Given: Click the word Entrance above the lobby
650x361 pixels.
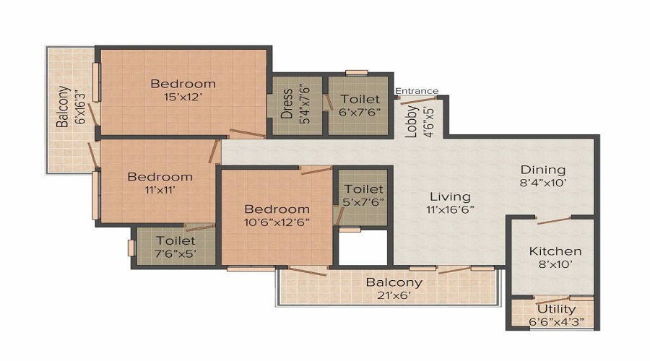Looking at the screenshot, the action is [417, 91].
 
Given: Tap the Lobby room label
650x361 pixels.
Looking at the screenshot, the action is [412, 121].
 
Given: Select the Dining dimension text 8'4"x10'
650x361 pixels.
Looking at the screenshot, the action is [543, 183].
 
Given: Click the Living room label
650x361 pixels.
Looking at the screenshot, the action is [450, 196].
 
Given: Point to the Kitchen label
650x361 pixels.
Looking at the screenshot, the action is [555, 251].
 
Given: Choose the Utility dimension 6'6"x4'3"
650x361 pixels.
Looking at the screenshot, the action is [556, 321].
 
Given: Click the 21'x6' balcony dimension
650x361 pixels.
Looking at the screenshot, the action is [394, 295].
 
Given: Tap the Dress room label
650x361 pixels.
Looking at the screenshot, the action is [287, 104].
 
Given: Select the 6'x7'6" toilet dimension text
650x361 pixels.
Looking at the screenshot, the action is [360, 112].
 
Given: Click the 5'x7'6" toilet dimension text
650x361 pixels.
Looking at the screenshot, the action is [364, 202].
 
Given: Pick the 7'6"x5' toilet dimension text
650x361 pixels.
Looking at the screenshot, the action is [175, 253].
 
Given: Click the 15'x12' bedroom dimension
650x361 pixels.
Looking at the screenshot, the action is [183, 97].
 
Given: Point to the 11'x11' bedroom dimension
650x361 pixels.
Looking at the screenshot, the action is [160, 190].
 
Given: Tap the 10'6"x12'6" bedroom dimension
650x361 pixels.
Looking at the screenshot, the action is [277, 222].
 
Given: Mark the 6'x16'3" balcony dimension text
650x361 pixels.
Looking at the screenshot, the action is [81, 105].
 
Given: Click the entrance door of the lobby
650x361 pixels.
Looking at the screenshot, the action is [418, 100].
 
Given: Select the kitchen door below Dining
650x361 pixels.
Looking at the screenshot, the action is [554, 220].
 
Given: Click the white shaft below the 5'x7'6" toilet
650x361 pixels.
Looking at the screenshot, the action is [363, 247].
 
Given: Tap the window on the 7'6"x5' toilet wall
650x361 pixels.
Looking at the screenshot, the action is [131, 248].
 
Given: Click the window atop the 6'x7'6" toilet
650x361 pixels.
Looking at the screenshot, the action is [357, 73].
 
